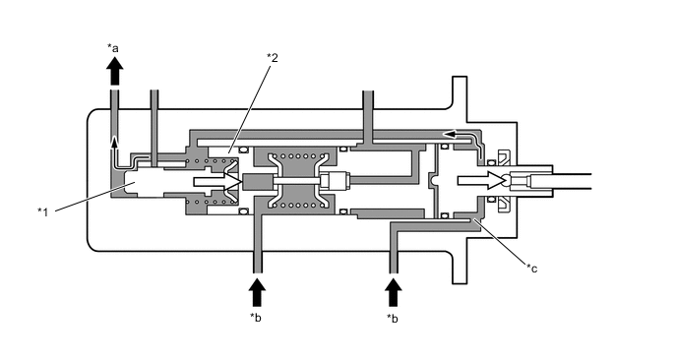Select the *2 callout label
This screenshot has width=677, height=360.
(x=273, y=57)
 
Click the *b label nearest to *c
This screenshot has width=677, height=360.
(x=394, y=317)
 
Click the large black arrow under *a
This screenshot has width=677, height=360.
(x=115, y=71)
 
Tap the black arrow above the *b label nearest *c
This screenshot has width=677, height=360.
(x=394, y=291)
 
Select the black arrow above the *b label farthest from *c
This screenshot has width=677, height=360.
(x=257, y=291)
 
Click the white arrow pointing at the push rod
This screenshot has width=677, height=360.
(x=481, y=181)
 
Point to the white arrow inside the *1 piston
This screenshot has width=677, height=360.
(x=216, y=182)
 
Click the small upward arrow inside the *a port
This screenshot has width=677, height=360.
(x=115, y=146)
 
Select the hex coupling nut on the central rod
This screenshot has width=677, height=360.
(x=336, y=182)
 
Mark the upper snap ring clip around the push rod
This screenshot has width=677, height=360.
(x=502, y=158)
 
